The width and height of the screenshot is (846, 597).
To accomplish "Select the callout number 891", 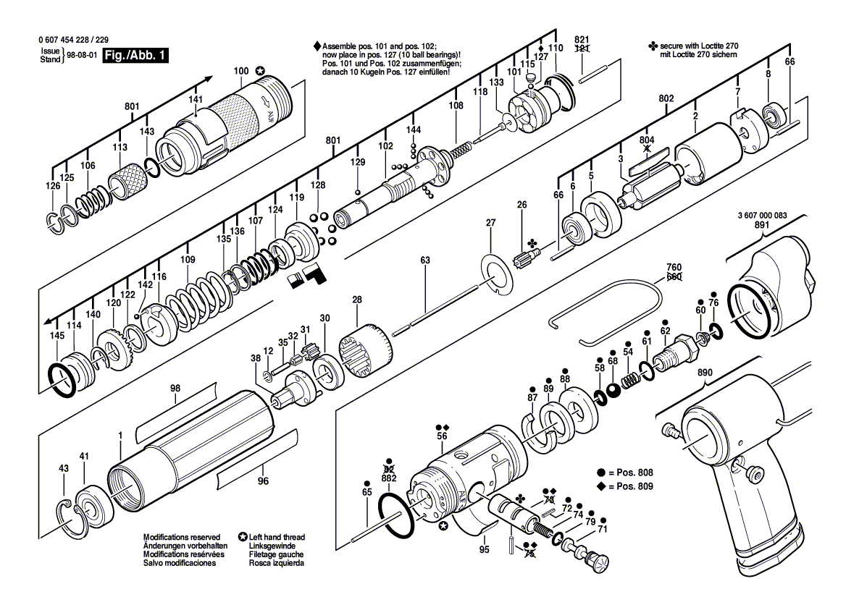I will coord(761,225).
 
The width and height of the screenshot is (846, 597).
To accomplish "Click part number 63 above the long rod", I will coord(425,260).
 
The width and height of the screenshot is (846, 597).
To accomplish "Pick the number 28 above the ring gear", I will coord(357,300).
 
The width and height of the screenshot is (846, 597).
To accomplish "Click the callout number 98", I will coord(175,389).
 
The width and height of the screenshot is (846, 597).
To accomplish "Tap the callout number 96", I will coord(263,480).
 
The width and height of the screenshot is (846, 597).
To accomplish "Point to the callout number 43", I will coord(64,469).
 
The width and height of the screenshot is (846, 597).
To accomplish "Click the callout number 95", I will coord(485,549).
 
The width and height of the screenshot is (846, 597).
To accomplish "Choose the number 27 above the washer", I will coord(491,223).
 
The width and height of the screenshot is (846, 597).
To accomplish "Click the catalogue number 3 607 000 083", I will coord(762,216).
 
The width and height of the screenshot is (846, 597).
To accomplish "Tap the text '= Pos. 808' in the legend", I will coord(630,472).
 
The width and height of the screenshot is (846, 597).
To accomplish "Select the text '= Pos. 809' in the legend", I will coord(630,486).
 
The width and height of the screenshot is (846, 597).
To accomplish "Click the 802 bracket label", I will coord(666,98).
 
